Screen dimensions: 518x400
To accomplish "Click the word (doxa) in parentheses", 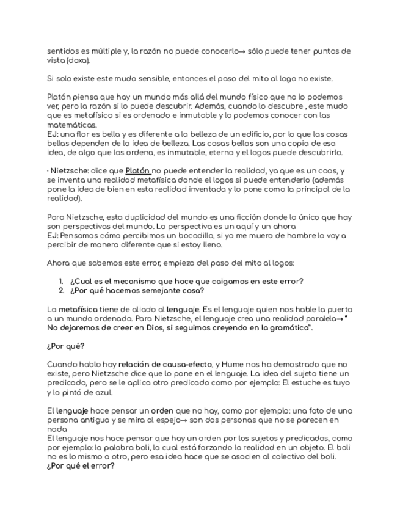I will click(x=78, y=60).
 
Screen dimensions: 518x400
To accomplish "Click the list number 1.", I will click(x=61, y=281).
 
